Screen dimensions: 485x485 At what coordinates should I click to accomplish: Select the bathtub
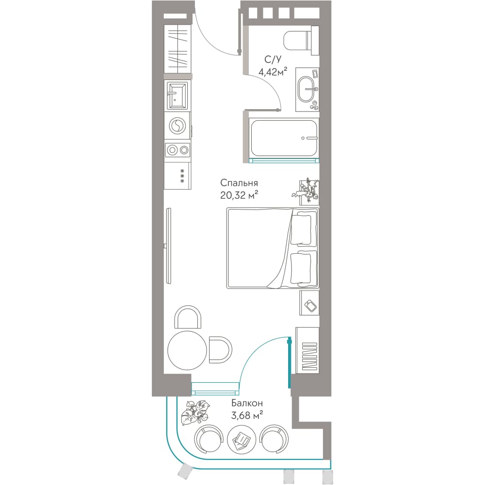pyautogui.click(x=284, y=138)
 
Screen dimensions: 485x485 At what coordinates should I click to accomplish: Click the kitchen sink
pyautogui.click(x=177, y=96)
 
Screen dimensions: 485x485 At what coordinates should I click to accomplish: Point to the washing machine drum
pyautogui.click(x=177, y=126)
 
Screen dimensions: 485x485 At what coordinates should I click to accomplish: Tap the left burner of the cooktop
pyautogui.click(x=172, y=150)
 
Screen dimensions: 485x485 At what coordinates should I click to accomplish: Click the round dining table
pyautogui.click(x=187, y=350)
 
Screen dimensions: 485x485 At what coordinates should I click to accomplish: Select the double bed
pyautogui.click(x=273, y=248)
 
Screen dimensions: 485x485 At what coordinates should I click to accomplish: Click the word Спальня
pyautogui.click(x=239, y=183)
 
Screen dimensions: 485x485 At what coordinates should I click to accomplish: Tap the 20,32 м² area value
pyautogui.click(x=239, y=195)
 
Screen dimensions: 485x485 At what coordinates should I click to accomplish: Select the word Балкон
pyautogui.click(x=247, y=403)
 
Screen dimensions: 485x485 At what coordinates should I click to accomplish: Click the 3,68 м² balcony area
pyautogui.click(x=247, y=415)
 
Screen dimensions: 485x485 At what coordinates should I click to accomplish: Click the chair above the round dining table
pyautogui.click(x=188, y=317)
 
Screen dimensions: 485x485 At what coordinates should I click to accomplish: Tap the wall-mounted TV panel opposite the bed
pyautogui.click(x=168, y=246)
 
